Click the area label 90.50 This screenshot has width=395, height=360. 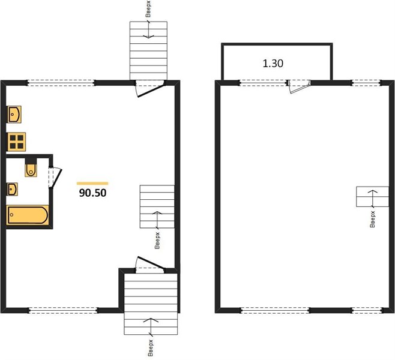(x=92, y=193)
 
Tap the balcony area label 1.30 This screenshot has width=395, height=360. (x=273, y=64)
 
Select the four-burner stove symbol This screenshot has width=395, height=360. (x=17, y=142)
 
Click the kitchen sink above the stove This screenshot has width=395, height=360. (x=14, y=114)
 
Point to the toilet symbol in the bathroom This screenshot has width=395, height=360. (x=31, y=170)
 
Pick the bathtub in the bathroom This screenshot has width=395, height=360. (x=28, y=215)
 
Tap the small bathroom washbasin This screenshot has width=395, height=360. (x=12, y=189)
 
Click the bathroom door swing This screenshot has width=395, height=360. (x=55, y=178)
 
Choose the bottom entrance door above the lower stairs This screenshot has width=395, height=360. (x=150, y=265)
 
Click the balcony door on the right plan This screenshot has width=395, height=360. (x=299, y=86)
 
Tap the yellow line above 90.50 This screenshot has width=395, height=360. (x=92, y=184)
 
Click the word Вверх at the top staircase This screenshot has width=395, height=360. (x=148, y=9)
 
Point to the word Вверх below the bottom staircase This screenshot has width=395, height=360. (x=151, y=347)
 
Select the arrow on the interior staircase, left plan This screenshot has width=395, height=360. (x=157, y=220)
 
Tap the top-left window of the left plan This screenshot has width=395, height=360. (x=61, y=83)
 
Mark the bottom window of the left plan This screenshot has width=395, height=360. (x=63, y=310)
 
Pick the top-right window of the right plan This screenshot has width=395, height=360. (x=366, y=83)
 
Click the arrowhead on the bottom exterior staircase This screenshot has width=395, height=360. (x=151, y=320)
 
